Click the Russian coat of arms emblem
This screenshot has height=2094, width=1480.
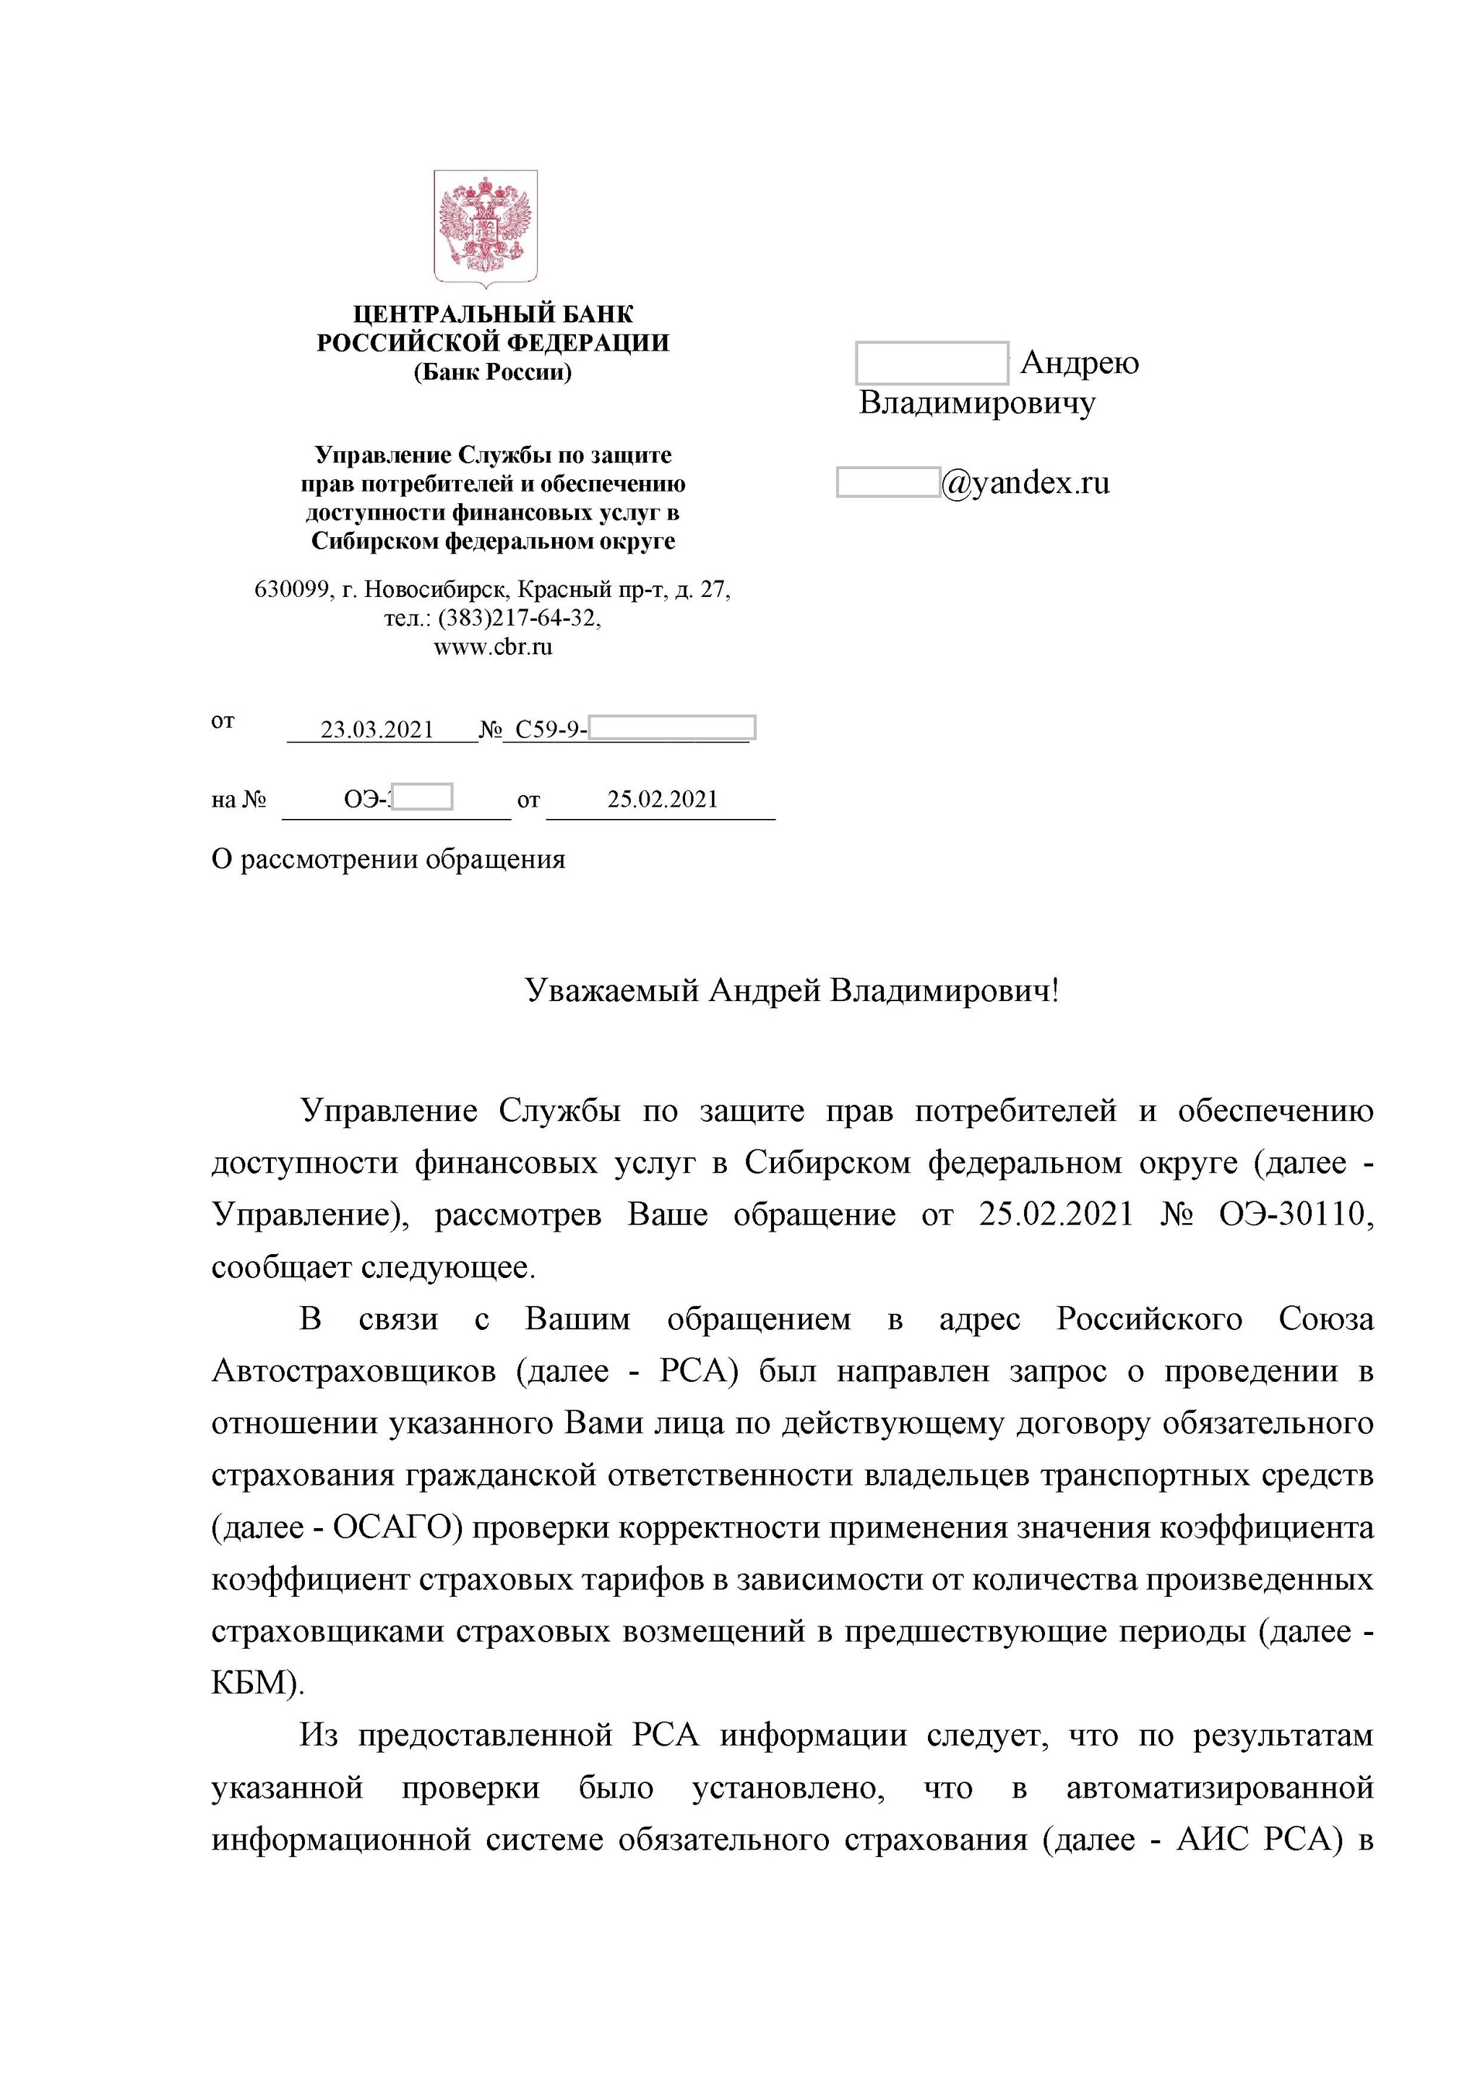(485, 228)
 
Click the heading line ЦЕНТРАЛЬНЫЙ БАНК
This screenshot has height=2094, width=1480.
(492, 314)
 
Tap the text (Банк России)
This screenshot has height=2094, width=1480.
(492, 372)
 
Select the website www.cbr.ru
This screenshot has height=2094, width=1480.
(492, 648)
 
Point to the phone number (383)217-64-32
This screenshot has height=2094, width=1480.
(519, 618)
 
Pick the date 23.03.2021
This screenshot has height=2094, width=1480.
(377, 731)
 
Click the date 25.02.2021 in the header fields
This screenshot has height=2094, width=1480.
(662, 800)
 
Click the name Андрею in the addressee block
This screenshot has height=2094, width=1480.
(1080, 363)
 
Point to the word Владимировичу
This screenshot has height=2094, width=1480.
(976, 403)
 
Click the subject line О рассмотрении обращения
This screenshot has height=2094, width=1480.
(389, 859)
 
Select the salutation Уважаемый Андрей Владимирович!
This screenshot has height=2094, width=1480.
(791, 990)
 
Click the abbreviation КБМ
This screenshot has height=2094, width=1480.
(254, 1683)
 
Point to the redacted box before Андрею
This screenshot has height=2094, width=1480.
(931, 363)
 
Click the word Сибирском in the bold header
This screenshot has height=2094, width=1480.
(375, 541)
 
